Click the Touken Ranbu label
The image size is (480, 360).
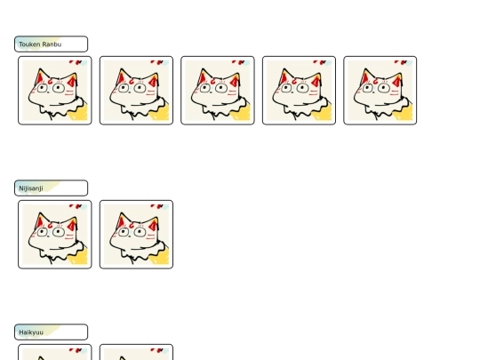52,44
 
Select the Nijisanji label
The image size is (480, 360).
52,188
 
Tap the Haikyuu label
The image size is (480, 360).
52,332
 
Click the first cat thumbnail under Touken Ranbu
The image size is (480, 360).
55,91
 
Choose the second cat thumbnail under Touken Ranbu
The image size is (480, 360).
136,91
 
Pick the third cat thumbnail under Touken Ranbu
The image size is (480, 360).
218,91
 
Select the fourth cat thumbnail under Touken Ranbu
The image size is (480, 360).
299,91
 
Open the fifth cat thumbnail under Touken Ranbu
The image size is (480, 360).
380,91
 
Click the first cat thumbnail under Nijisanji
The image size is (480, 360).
55,235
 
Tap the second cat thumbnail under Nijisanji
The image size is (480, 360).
136,235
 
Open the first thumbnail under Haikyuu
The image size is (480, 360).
55,352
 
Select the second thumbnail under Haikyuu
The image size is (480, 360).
136,352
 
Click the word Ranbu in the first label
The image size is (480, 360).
52,44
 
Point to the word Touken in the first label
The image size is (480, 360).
29,44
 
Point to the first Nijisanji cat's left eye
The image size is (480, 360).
43,232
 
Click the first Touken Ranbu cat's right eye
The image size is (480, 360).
59,88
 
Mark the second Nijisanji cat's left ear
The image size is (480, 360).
121,220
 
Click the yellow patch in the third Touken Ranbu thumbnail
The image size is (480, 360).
242,113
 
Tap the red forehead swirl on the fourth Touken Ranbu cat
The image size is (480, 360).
294,82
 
